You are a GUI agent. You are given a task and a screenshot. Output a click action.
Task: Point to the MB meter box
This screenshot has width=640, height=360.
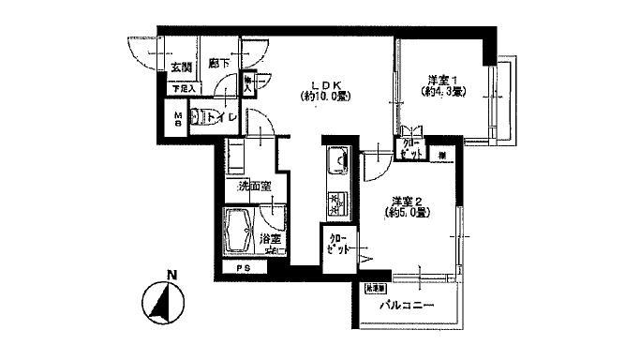coord(176,119)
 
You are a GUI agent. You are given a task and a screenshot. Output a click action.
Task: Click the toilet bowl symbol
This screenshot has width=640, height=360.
coord(199,117)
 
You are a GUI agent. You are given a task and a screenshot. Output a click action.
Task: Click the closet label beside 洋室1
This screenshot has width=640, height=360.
coord(410,147)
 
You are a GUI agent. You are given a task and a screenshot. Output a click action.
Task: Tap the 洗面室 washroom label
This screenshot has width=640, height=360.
coord(255,187)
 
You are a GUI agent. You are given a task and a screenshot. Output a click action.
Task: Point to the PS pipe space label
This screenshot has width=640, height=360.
coord(243,270)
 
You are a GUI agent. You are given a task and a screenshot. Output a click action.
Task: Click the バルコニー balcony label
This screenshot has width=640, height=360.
coord(406,307)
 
